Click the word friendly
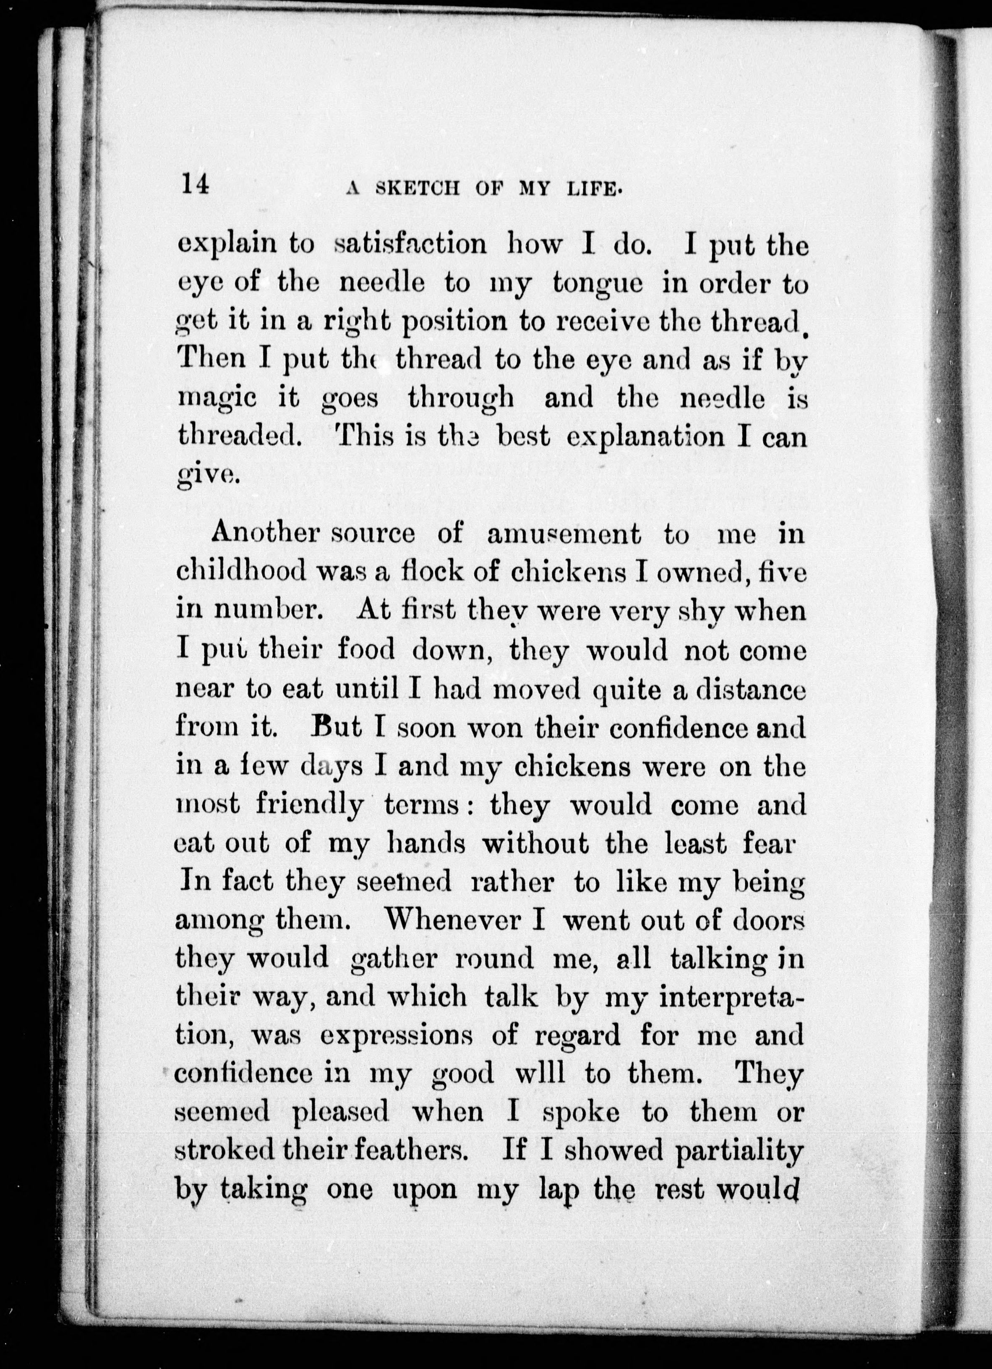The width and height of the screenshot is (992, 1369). coord(309,805)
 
